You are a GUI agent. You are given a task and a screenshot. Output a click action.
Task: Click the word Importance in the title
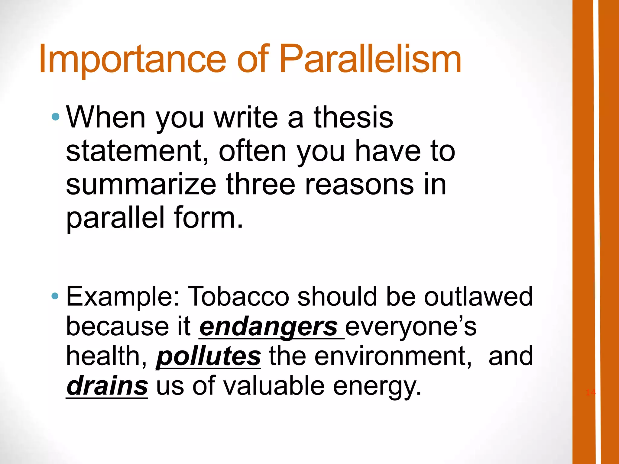pos(132,59)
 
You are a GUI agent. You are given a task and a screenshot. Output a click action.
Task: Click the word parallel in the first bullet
pos(115,217)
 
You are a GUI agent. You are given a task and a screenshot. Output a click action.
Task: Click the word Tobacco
pos(238,297)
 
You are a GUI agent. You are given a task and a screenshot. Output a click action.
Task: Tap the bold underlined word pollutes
pos(208,357)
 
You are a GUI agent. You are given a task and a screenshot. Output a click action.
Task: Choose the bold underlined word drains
pos(107,386)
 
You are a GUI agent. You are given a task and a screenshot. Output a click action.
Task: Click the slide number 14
pos(590,392)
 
